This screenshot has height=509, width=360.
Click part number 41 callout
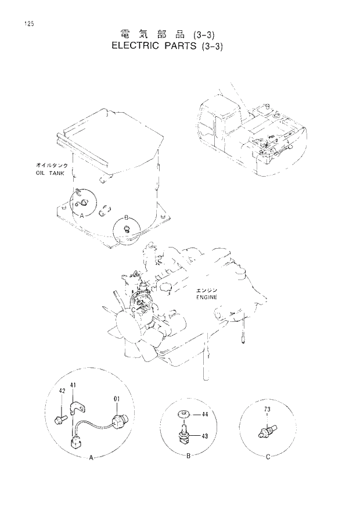[73, 385]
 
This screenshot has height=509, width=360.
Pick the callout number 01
[116, 399]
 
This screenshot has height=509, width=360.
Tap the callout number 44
[204, 414]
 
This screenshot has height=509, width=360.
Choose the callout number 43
[204, 436]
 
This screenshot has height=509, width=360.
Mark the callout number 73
[268, 410]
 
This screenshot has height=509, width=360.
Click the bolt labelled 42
[60, 416]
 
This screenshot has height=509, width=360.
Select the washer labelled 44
[183, 414]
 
